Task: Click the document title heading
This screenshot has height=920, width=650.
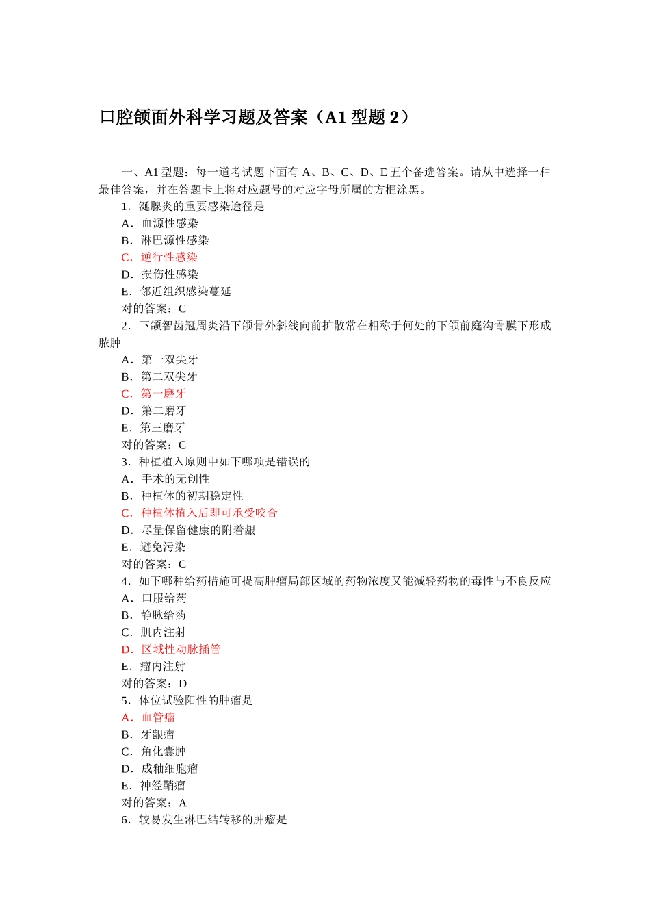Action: coord(255,117)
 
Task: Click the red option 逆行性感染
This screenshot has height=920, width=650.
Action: coord(159,257)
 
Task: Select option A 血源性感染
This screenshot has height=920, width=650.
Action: coord(159,223)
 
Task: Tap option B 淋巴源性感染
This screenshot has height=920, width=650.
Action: coord(165,240)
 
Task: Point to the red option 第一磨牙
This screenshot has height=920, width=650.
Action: coord(154,394)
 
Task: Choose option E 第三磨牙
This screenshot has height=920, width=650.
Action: coord(153,428)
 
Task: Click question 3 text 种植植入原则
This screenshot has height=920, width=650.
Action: coord(216,462)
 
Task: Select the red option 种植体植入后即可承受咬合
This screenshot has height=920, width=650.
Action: coord(199,513)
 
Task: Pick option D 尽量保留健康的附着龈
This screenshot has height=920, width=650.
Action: coord(188,531)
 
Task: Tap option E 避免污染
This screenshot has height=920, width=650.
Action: coord(153,548)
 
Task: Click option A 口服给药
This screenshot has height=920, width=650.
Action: coord(154,598)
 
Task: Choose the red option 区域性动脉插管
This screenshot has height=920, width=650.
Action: coord(171,650)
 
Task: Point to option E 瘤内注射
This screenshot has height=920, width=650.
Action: coord(153,667)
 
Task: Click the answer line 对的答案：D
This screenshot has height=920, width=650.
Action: coord(154,684)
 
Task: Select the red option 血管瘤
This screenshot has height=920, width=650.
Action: coord(148,717)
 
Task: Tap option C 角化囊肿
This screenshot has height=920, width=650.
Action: coord(153,752)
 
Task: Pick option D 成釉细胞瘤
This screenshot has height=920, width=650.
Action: coord(159,769)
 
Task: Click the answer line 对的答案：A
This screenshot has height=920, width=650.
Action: coord(154,803)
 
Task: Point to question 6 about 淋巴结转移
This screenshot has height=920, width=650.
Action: coord(204,820)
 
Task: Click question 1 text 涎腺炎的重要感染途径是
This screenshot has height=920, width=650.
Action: coord(193,206)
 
